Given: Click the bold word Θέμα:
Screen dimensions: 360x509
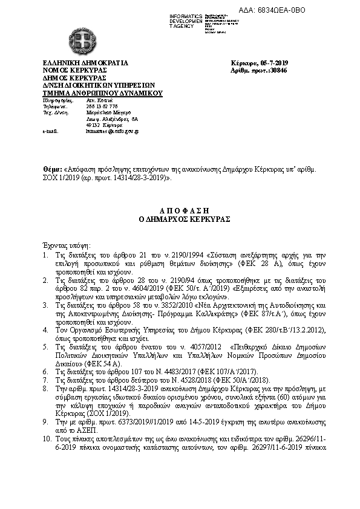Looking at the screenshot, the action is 53,171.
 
